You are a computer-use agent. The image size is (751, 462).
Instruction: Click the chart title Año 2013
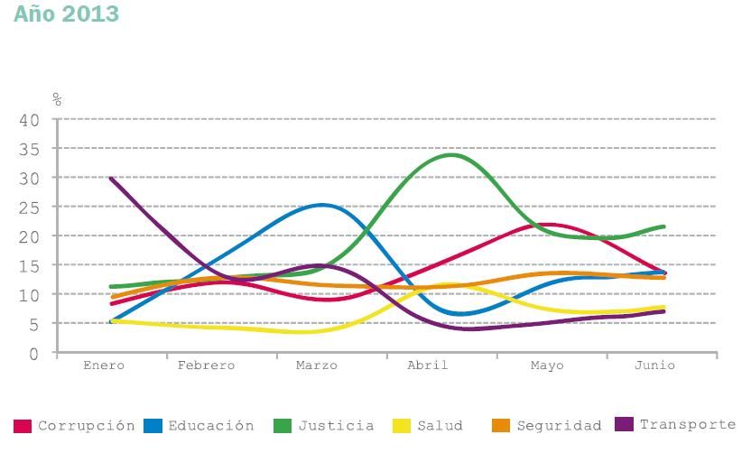pos(67,14)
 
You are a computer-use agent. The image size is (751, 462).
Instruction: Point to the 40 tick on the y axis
pos(30,119)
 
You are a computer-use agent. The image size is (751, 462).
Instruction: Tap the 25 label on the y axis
pos(30,207)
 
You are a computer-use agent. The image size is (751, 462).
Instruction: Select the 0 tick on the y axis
pos(34,354)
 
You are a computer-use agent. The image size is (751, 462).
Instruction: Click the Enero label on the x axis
pos(104,365)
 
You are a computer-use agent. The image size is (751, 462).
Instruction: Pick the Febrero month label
pos(206,365)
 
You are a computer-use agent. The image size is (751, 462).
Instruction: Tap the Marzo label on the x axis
pos(317,365)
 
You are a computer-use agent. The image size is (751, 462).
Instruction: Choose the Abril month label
pos(428,365)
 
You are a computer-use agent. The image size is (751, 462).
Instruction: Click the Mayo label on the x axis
pos(547,365)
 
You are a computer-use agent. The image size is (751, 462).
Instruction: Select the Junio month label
pos(654,365)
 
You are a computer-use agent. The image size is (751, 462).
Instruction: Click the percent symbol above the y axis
pos(57,99)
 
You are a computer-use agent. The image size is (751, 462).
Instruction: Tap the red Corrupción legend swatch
pos(23,426)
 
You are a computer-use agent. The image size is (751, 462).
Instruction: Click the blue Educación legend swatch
pos(153,426)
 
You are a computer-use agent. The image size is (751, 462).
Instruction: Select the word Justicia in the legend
pos(336,426)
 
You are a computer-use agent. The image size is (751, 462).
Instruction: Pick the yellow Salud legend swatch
pos(403,426)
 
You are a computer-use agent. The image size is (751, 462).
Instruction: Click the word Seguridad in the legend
pos(559,426)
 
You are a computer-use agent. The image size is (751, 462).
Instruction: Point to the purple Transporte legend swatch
pos(624,424)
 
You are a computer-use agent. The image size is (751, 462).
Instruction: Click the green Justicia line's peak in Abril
pos(451,154)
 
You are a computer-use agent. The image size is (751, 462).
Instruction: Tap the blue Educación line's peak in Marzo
pos(321,205)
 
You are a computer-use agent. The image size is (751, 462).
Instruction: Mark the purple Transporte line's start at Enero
pos(110,178)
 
